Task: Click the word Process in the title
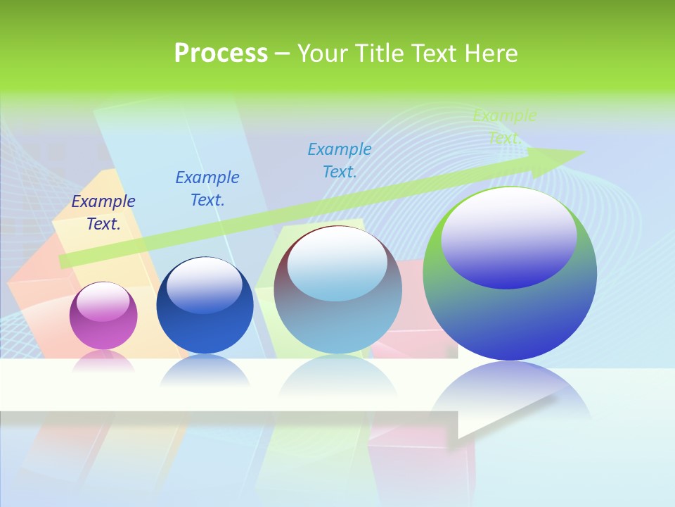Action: pyautogui.click(x=221, y=54)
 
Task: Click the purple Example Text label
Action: pyautogui.click(x=103, y=213)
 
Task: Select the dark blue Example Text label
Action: pyautogui.click(x=207, y=189)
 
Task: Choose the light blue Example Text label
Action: pyautogui.click(x=340, y=161)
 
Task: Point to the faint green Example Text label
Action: pyautogui.click(x=504, y=127)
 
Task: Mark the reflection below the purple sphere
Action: pyautogui.click(x=103, y=361)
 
